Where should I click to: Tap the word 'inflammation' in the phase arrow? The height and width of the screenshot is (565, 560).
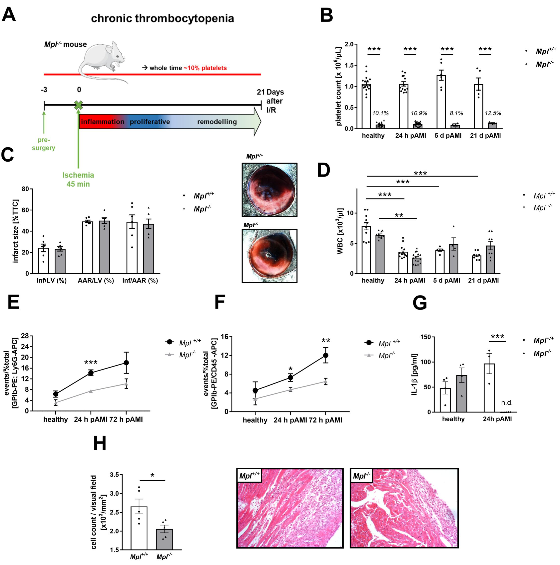pos(103,122)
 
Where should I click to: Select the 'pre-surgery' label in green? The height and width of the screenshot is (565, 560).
pos(44,144)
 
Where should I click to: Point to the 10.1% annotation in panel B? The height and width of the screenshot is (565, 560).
pos(380,113)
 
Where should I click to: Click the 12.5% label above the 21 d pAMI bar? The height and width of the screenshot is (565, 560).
pos(493,113)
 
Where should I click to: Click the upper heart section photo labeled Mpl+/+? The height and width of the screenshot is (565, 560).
pos(269,190)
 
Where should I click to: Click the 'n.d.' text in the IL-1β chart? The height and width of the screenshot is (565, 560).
pos(507,403)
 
